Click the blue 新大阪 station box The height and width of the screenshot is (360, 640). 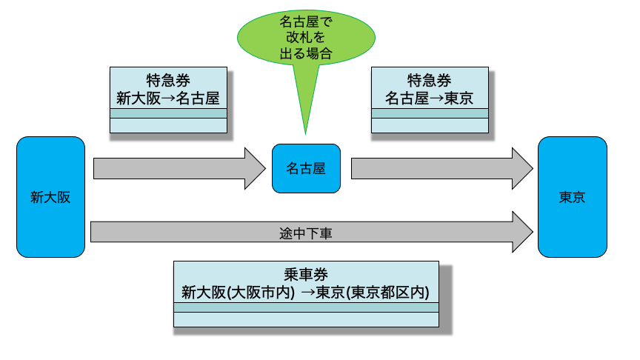pyautogui.click(x=50, y=197)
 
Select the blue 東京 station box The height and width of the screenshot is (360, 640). pyautogui.click(x=573, y=197)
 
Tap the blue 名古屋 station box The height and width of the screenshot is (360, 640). pyautogui.click(x=306, y=168)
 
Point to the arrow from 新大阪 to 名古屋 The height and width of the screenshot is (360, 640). pyautogui.click(x=179, y=168)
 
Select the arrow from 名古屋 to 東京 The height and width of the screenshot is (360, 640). pyautogui.click(x=442, y=168)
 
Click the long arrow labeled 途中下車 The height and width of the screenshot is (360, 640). pyautogui.click(x=312, y=232)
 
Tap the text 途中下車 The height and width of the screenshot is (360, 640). pyautogui.click(x=306, y=233)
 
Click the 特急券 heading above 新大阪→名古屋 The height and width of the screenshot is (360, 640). pyautogui.click(x=168, y=80)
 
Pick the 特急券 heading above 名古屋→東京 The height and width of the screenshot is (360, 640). pyautogui.click(x=430, y=80)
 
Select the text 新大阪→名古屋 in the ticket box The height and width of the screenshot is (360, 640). pyautogui.click(x=168, y=98)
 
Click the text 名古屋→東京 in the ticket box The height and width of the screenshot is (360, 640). pyautogui.click(x=430, y=98)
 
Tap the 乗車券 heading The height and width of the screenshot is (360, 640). pyautogui.click(x=306, y=274)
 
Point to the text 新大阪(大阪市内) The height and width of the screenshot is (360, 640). pyautogui.click(x=238, y=293)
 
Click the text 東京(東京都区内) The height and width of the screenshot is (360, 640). pyautogui.click(x=373, y=293)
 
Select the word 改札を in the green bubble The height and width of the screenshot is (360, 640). pyautogui.click(x=306, y=37)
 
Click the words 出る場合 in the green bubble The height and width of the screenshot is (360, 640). pyautogui.click(x=306, y=53)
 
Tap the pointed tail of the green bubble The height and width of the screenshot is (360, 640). pyautogui.click(x=305, y=133)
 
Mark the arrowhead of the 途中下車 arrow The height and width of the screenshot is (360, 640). pyautogui.click(x=523, y=232)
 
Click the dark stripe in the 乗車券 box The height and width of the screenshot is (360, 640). pyautogui.click(x=306, y=307)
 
